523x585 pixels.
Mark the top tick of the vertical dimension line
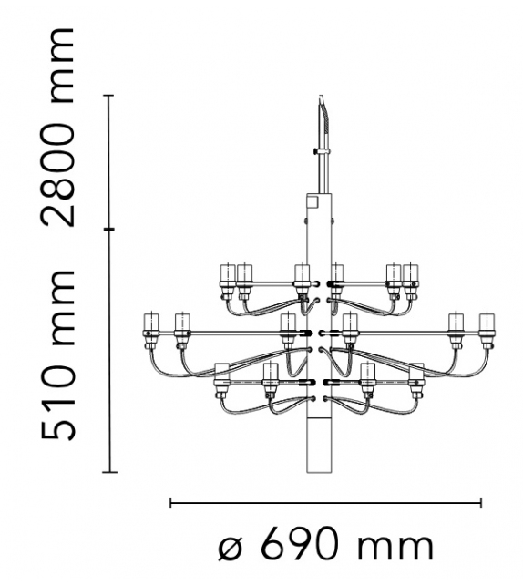(111, 95)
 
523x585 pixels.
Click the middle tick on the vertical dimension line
(111, 229)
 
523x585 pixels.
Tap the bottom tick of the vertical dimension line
(111, 472)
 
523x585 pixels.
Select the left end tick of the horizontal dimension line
(171, 501)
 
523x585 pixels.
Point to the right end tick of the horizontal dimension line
(481, 501)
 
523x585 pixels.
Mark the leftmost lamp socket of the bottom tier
(220, 376)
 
